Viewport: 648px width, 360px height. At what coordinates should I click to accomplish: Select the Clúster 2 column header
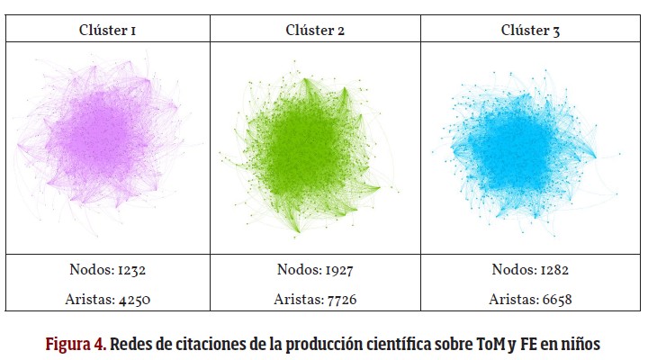click(x=315, y=30)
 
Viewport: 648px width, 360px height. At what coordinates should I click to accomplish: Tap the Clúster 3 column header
click(x=530, y=30)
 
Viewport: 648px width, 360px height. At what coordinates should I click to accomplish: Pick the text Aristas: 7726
click(x=315, y=300)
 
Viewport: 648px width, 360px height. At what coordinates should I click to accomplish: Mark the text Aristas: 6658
click(x=530, y=300)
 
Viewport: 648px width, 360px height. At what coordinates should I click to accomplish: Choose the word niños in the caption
click(x=580, y=345)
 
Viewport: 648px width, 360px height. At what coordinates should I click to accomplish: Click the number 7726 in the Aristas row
click(x=339, y=300)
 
